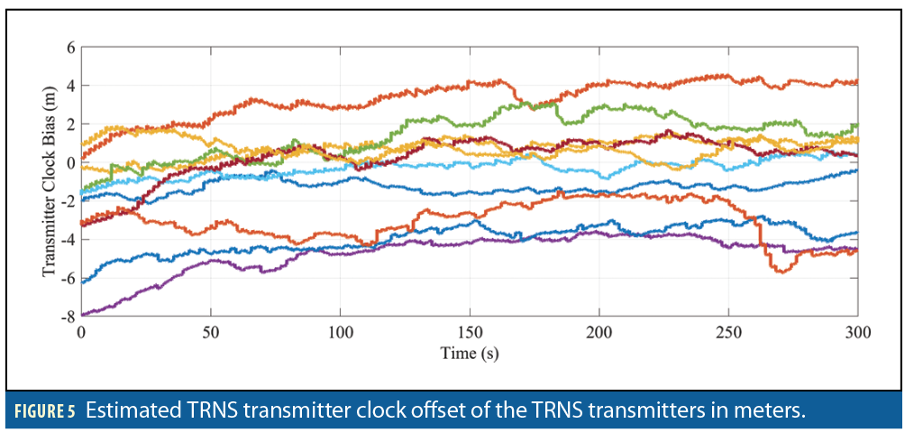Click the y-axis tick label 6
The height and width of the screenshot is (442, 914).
pos(69,48)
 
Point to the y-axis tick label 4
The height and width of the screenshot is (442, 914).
pos(69,86)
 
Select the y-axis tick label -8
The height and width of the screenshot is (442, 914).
pos(66,316)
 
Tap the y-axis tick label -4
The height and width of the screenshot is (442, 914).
pos(66,239)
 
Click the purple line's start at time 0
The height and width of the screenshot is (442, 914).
pos(83,314)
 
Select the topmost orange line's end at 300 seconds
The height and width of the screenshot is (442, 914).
pos(855,82)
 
